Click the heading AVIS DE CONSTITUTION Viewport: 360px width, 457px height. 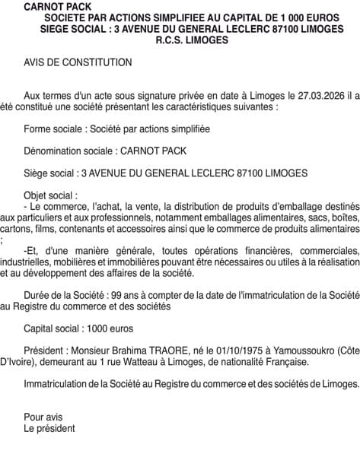[78, 62]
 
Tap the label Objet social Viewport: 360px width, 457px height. [49, 195]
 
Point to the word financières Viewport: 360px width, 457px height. [238, 251]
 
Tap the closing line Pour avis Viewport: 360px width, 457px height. [43, 417]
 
